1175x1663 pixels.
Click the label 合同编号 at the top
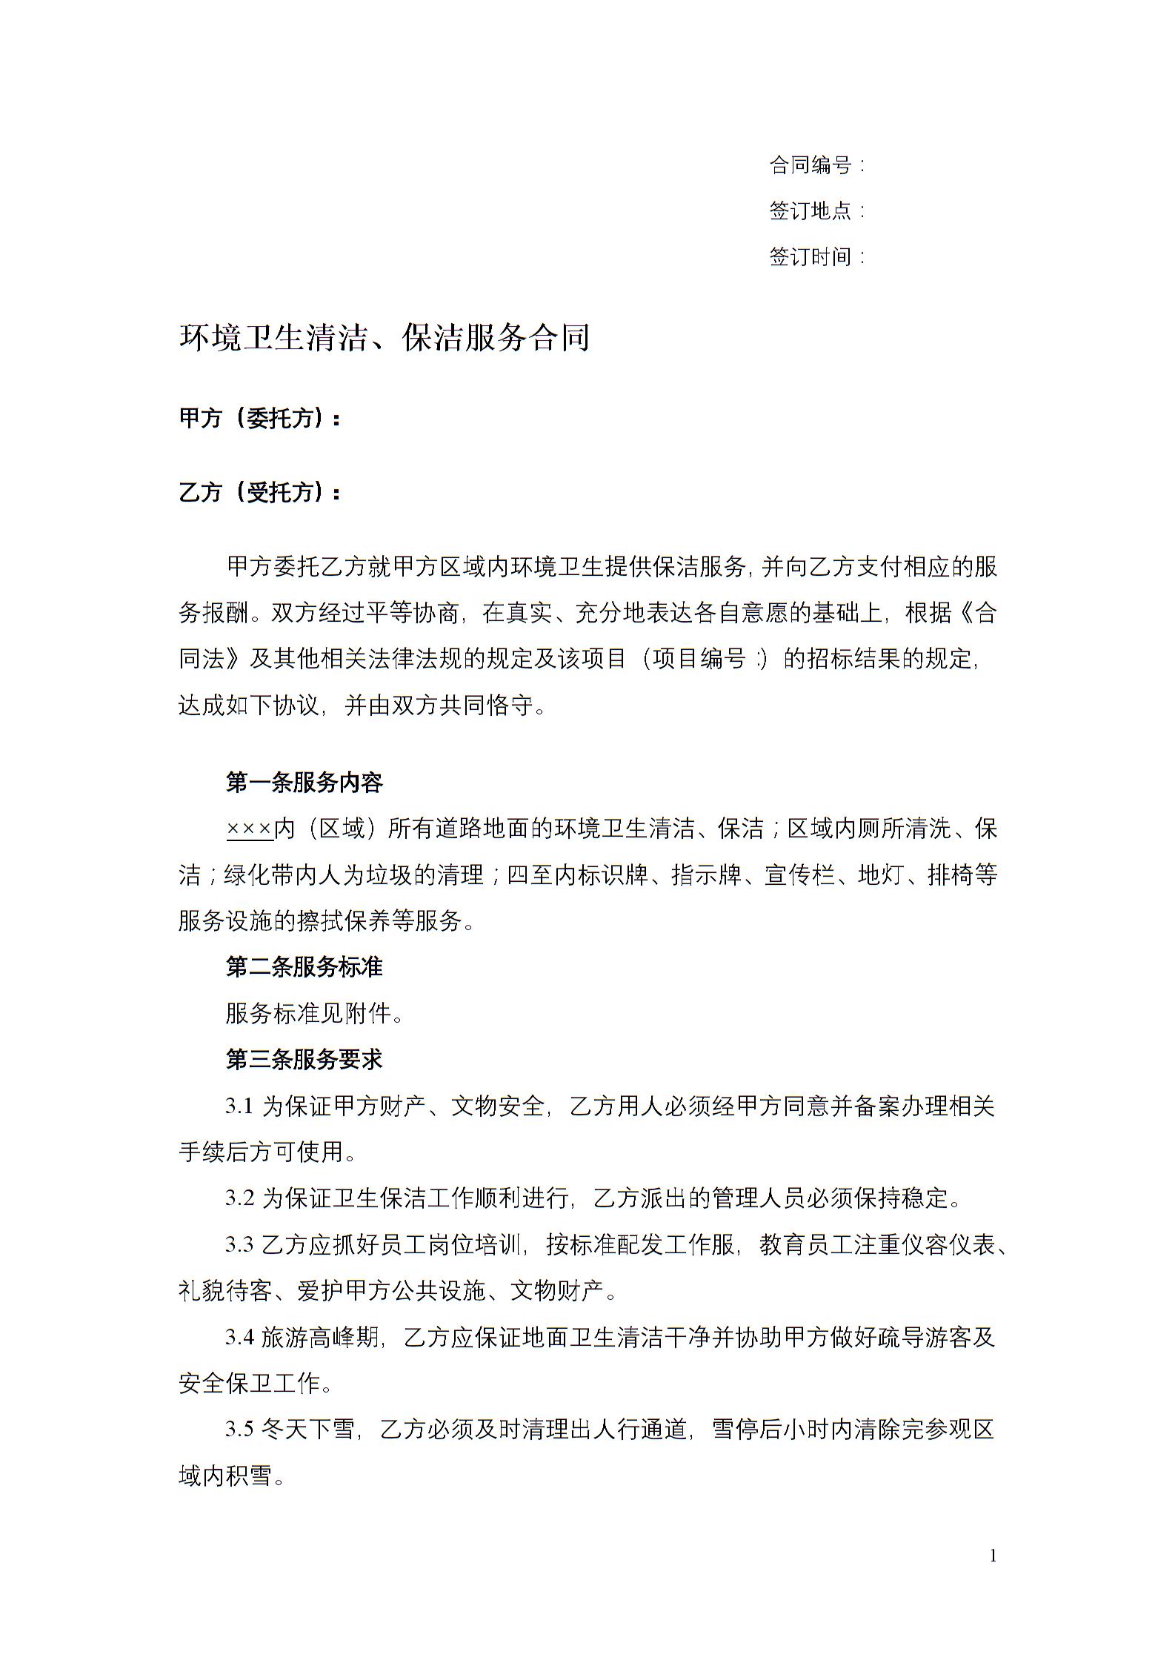point(811,165)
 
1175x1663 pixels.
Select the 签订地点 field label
point(811,210)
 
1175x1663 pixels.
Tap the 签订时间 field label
point(811,256)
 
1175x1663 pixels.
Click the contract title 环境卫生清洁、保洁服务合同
point(384,338)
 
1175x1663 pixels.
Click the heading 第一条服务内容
point(304,782)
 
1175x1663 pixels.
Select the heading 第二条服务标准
point(304,966)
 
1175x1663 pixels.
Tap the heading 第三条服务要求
point(304,1059)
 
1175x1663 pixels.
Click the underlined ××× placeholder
point(249,829)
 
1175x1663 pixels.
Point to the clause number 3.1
point(240,1106)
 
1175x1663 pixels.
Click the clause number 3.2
point(240,1198)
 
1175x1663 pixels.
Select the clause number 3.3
point(240,1245)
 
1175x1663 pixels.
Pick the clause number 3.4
point(240,1338)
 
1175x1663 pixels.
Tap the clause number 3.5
point(240,1430)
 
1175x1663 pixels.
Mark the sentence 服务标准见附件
point(315,1013)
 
